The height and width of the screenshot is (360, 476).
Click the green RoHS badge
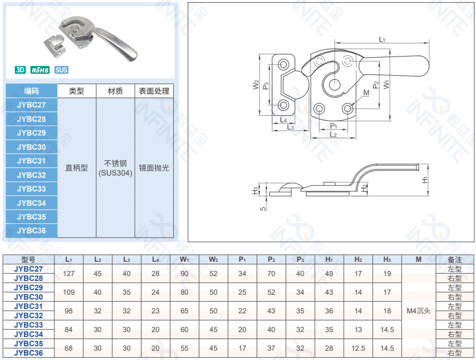[x=40, y=70]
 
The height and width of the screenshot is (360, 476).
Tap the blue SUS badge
[x=61, y=70]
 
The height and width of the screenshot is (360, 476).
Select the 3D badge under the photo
[x=20, y=70]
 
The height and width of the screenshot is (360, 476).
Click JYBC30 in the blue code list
[x=31, y=147]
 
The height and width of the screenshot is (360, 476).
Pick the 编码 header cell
[x=31, y=91]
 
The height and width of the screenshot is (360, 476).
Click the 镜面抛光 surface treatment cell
[x=154, y=168]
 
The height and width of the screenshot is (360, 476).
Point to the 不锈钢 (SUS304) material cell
[x=115, y=168]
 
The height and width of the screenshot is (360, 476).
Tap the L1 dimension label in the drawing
[x=382, y=40]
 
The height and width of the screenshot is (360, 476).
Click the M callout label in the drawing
[x=366, y=93]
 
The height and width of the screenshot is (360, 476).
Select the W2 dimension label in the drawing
[x=256, y=85]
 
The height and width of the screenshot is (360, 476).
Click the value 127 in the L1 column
[x=69, y=273]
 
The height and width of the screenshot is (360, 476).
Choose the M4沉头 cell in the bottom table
[x=418, y=311]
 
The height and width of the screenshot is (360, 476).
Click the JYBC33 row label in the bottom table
[x=29, y=325]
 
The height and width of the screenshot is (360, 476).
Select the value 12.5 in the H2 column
[x=358, y=348]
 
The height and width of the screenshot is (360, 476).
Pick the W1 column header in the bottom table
[x=184, y=259]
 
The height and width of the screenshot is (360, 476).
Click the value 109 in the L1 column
[x=69, y=292]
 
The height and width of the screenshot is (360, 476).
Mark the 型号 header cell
[x=29, y=259]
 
